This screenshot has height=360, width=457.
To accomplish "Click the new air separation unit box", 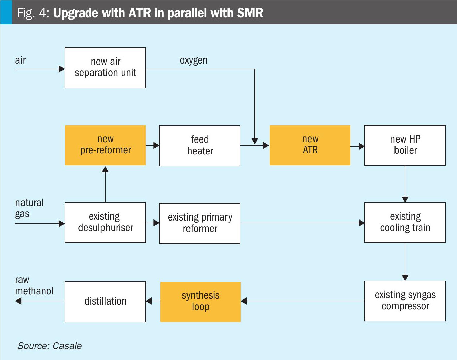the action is (x=105, y=68).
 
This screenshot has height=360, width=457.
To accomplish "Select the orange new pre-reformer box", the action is (x=105, y=145).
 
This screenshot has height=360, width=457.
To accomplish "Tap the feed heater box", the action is (x=200, y=146).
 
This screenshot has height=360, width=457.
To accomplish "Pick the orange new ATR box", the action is (x=310, y=145).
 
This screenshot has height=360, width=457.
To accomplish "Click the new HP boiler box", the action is (x=405, y=145).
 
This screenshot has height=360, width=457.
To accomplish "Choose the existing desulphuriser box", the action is (x=105, y=223).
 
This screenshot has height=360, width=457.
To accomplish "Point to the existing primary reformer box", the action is (x=200, y=223).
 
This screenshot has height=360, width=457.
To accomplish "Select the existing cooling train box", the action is (x=405, y=223).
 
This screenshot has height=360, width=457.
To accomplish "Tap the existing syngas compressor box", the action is (x=405, y=301).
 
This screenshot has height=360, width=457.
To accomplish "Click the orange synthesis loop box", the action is (x=201, y=302).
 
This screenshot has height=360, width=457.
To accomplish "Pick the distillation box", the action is (x=105, y=302).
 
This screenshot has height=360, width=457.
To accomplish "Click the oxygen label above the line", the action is (x=194, y=61).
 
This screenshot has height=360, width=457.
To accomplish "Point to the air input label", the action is (x=20, y=60).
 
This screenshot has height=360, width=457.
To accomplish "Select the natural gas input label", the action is (x=29, y=208).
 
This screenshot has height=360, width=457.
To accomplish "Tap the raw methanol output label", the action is (x=34, y=285).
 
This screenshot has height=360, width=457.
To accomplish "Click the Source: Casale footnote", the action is (x=50, y=346).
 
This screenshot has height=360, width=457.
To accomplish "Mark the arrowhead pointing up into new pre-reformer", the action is (x=105, y=169).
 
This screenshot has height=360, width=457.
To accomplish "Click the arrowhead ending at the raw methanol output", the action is (x=18, y=301).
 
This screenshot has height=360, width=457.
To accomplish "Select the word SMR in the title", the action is (x=250, y=13).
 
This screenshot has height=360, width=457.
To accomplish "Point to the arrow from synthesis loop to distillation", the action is (x=153, y=301).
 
